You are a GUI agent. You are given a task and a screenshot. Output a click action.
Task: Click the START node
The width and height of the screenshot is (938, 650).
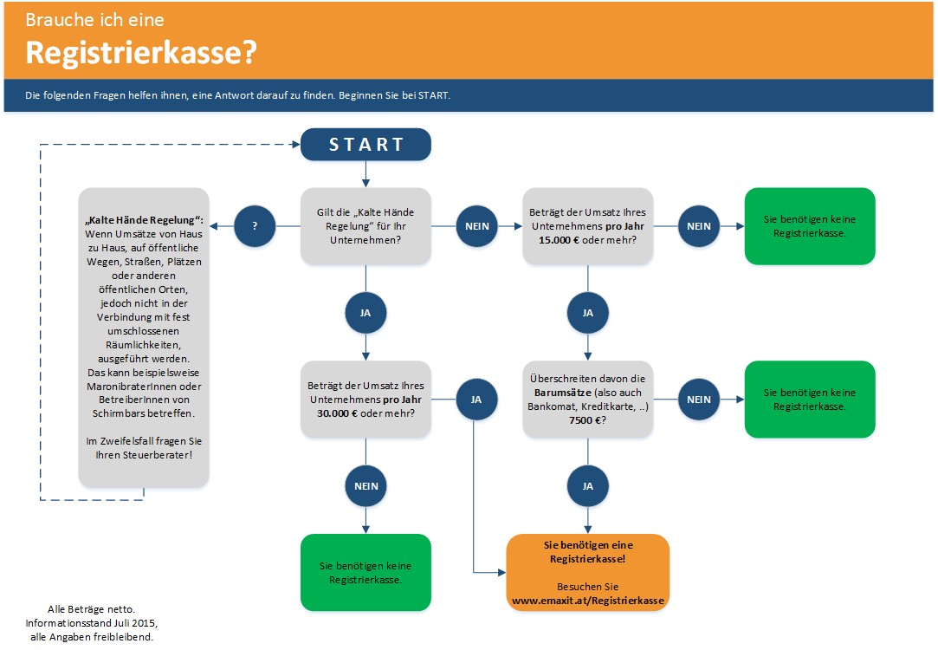(365, 145)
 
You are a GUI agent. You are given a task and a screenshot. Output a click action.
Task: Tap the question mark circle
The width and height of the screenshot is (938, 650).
(255, 226)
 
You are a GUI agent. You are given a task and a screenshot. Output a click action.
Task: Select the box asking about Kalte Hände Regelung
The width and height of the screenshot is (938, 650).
(365, 226)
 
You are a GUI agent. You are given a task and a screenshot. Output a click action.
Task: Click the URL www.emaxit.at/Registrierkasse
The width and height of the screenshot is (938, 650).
(588, 600)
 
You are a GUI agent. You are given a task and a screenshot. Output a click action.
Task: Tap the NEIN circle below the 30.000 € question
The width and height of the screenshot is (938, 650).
(365, 486)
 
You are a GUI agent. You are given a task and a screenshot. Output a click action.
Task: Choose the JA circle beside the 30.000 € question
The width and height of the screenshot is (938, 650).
(475, 400)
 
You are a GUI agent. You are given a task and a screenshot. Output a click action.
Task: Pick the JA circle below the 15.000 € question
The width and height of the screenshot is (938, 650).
(588, 313)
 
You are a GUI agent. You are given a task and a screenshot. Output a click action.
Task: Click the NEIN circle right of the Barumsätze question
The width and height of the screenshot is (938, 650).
(699, 400)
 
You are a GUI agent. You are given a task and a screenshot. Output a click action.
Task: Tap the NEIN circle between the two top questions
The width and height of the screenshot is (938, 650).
(476, 226)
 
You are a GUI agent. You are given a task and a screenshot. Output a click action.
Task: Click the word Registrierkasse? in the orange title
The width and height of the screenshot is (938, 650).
(141, 53)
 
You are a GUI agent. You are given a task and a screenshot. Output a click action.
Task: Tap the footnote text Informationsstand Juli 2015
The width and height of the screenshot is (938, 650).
(91, 623)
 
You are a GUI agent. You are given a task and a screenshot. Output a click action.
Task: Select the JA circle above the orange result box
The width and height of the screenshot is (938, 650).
(588, 486)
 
